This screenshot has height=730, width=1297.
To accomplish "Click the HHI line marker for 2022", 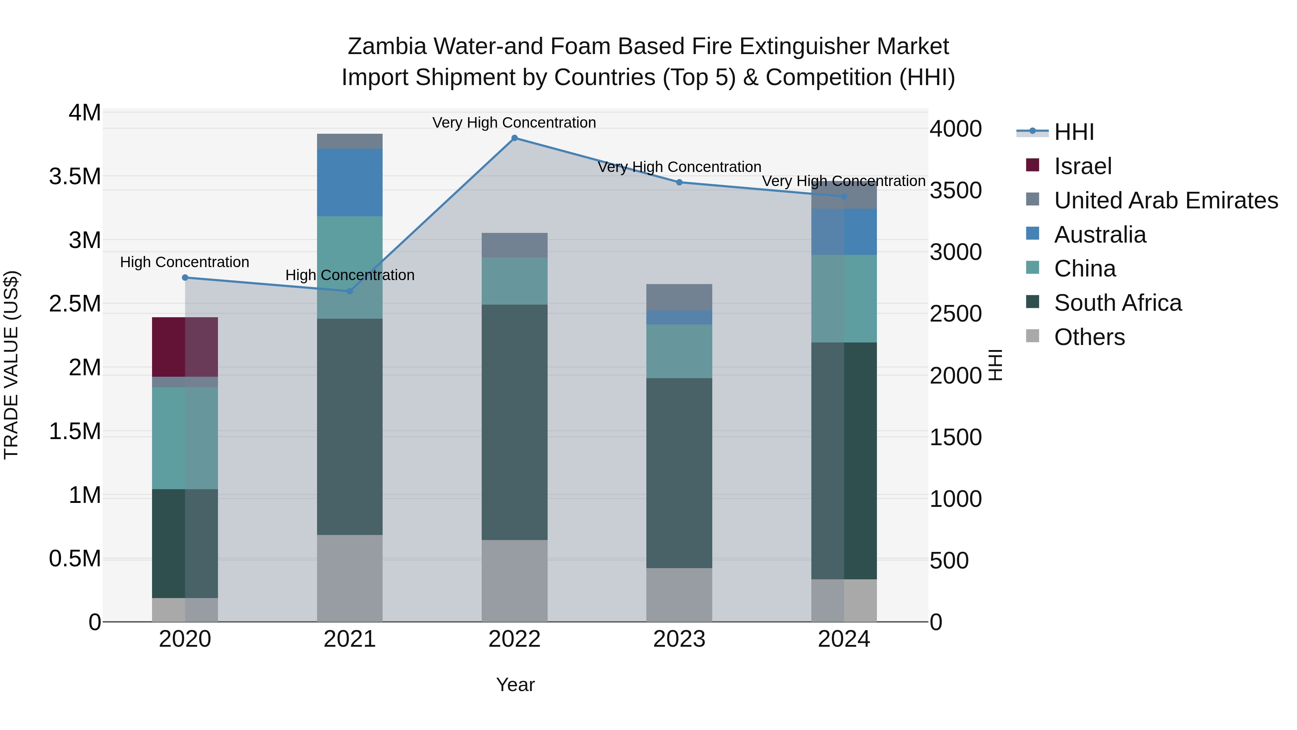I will pos(514,138).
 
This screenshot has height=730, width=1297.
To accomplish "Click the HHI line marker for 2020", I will pos(185,278).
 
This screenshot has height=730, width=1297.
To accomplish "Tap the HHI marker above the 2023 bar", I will pos(679,182).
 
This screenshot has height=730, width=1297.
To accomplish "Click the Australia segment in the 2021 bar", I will pos(349,182).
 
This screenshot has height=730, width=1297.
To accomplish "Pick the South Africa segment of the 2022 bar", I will pos(514,422).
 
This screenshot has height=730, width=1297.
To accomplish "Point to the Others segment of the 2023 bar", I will pos(679,594).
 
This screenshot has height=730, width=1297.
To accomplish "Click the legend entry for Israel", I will pos(1083,166).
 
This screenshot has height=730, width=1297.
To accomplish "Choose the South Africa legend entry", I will pos(1117,303).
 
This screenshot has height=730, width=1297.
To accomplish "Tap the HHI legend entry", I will pos(1074,132).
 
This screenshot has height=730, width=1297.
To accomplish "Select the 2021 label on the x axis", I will pos(349,639).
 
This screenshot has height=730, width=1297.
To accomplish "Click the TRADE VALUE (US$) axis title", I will pos(11,365).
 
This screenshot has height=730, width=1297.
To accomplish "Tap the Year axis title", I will pos(515,685).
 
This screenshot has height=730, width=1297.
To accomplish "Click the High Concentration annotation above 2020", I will pos(185,262).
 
